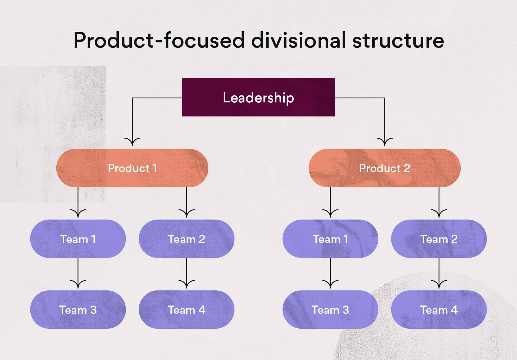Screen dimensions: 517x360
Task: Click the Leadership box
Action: [x=258, y=97]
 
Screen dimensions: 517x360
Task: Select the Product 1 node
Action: [x=132, y=168]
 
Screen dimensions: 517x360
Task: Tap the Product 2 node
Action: [x=385, y=168]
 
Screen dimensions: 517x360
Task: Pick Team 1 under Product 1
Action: [x=78, y=239]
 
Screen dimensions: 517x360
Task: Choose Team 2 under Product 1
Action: [x=187, y=239]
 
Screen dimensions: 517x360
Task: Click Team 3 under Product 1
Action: [x=78, y=310]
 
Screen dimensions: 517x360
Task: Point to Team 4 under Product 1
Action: [x=187, y=310]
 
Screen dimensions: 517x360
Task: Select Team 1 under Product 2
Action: [x=330, y=239]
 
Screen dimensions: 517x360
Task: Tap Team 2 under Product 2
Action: [x=439, y=239]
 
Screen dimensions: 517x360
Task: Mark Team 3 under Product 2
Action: [x=330, y=310]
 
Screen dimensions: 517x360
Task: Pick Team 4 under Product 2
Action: [x=439, y=310]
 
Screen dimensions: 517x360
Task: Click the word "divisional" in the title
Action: [x=299, y=40]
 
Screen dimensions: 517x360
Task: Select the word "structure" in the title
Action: [x=398, y=40]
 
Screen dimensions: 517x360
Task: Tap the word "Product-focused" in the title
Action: [x=159, y=40]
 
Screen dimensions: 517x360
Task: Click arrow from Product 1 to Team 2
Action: [x=187, y=202]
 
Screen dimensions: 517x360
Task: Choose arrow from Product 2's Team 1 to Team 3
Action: [x=330, y=273]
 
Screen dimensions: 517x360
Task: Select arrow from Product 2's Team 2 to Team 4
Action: [x=439, y=273]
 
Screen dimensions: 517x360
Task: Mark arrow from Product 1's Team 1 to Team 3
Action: [x=78, y=273]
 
